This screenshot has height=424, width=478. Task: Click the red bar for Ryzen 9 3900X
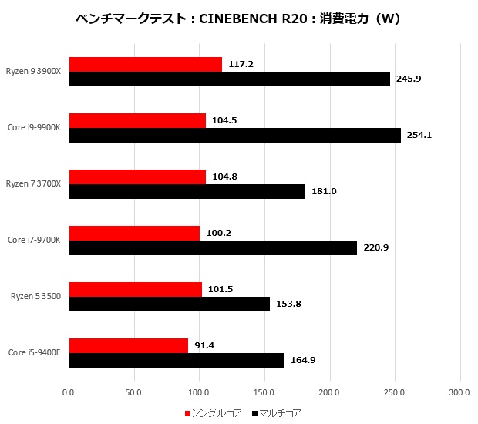146,65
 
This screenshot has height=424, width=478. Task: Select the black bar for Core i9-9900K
235,136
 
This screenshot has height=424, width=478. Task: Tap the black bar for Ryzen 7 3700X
187,191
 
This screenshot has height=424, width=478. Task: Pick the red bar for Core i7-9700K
135,233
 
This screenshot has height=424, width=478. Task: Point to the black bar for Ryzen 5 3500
170,304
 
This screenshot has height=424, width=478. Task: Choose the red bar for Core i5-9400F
129,345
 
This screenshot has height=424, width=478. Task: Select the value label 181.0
324,191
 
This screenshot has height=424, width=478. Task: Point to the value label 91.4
205,345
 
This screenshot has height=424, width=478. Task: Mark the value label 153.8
288,304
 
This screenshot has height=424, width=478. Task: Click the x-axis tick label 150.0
264,392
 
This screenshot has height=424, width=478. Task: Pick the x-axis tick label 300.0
459,392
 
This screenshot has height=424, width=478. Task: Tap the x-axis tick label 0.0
69,392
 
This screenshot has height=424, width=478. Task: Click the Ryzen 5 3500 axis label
35,296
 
